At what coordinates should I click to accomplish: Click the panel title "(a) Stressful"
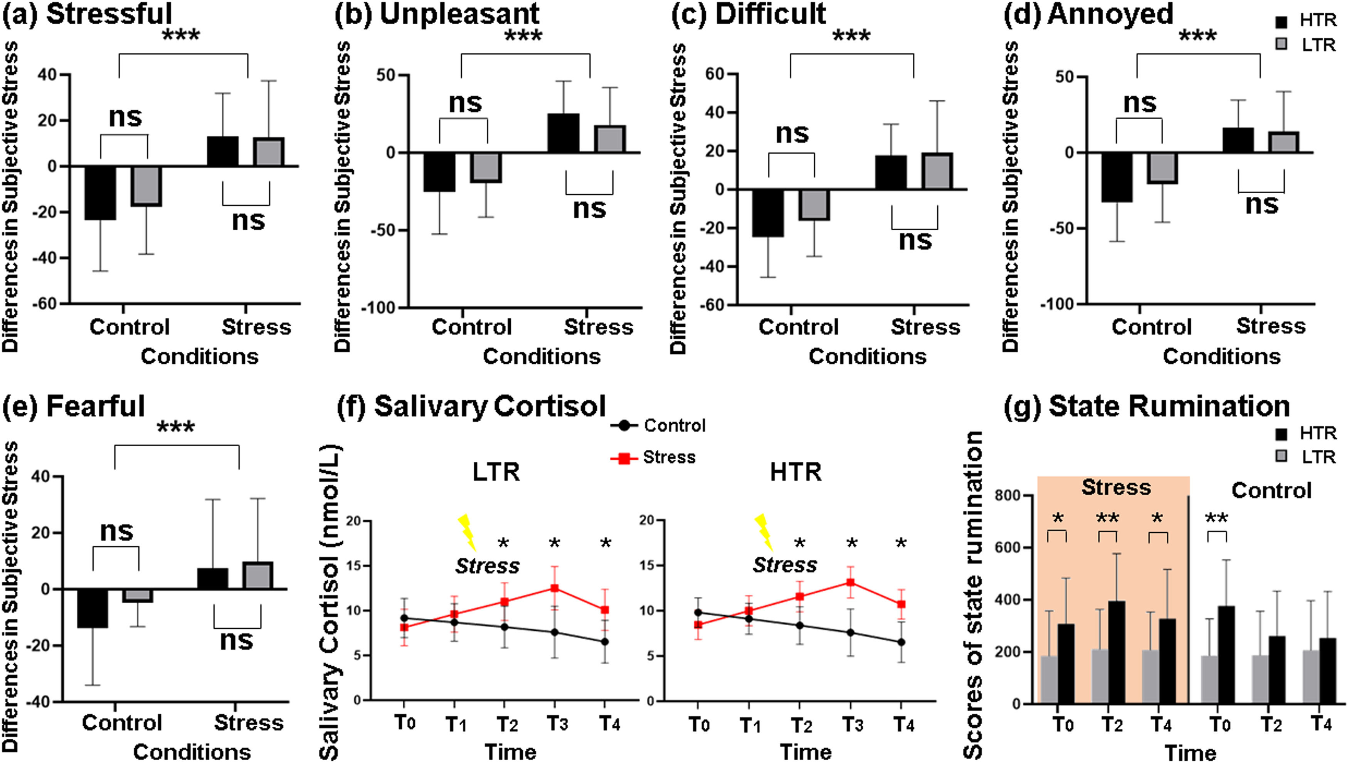coord(87,14)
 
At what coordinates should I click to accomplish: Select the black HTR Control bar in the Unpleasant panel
coord(439,172)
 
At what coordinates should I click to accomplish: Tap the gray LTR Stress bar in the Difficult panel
coord(937,171)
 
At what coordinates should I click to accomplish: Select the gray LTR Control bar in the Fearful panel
coord(138,595)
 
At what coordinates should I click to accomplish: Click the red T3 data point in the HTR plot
coord(851,582)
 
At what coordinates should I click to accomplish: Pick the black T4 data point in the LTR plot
coord(604,641)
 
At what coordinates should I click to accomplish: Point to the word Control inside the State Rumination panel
coord(1271,491)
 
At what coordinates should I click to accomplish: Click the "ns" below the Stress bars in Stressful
coord(248,221)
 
